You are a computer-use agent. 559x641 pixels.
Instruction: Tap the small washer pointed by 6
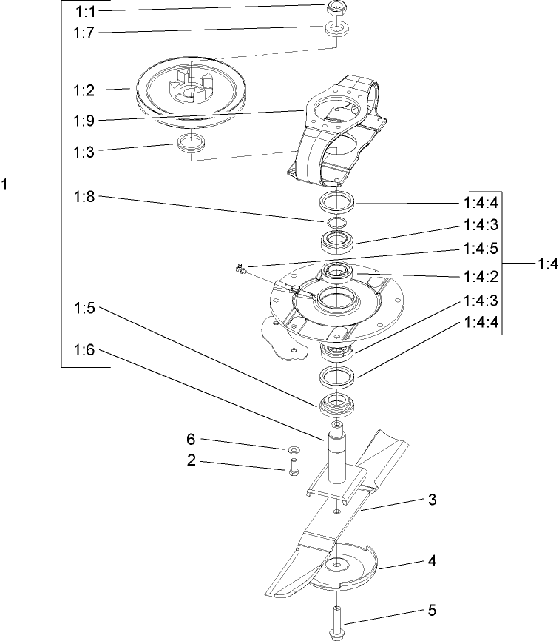pyautogui.click(x=294, y=449)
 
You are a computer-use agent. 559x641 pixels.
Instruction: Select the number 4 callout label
pyautogui.click(x=431, y=560)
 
